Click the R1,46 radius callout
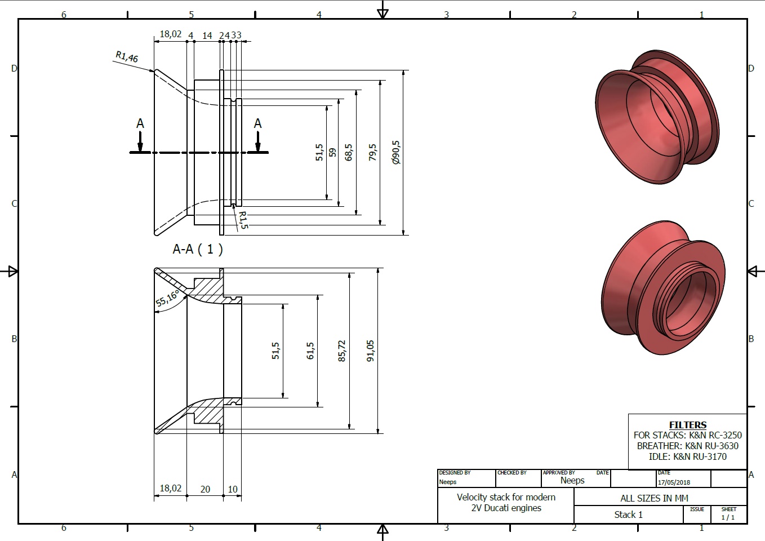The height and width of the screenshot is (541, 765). [x=127, y=56]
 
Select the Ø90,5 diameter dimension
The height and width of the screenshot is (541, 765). [x=396, y=152]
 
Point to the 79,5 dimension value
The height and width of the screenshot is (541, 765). [x=372, y=152]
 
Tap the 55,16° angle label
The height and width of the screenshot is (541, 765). [x=167, y=299]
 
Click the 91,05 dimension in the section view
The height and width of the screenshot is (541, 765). [x=370, y=351]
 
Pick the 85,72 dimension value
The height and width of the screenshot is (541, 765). [x=341, y=351]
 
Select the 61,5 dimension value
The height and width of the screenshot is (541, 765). [x=310, y=351]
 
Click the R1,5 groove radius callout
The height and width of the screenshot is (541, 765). [x=243, y=220]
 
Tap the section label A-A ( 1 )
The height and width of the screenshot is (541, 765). [x=198, y=249]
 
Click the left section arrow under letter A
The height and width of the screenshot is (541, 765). [x=140, y=141]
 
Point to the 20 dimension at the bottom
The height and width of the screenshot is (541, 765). [x=205, y=489]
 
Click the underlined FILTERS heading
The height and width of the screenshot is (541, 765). [x=688, y=425]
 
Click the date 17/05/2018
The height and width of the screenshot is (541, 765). [x=674, y=482]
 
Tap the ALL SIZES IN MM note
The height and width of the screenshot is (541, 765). [x=655, y=498]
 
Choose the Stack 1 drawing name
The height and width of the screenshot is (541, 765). [x=629, y=515]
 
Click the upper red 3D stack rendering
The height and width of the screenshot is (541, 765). [x=657, y=117]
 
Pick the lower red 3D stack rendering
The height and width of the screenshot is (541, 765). [x=663, y=287]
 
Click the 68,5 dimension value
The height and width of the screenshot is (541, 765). [x=348, y=152]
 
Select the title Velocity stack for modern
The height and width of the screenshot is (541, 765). [x=506, y=497]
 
